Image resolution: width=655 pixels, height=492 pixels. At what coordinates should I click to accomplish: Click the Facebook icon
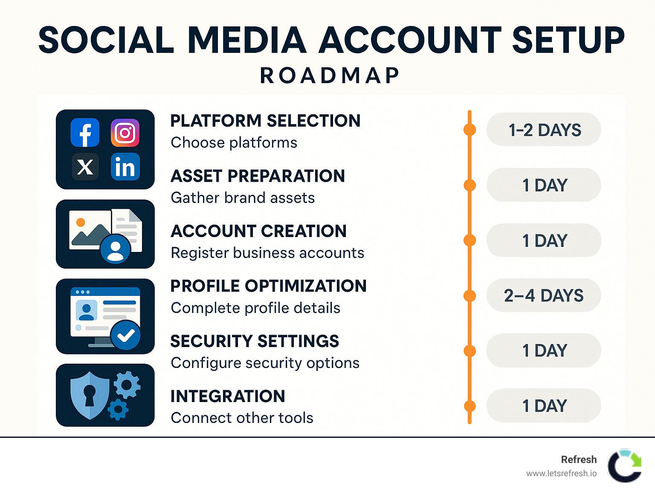pyautogui.click(x=85, y=133)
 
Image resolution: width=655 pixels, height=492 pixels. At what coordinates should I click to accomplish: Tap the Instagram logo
pyautogui.click(x=125, y=133)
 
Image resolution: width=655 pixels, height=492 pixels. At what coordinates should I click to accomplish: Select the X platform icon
pyautogui.click(x=85, y=167)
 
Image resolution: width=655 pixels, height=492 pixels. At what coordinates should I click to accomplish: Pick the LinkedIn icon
pyautogui.click(x=125, y=167)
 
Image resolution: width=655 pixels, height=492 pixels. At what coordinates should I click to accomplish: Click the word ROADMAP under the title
pyautogui.click(x=330, y=75)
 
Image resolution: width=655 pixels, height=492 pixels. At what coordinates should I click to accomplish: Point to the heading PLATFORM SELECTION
pyautogui.click(x=265, y=121)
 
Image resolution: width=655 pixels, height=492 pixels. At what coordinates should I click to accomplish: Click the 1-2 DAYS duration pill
pyautogui.click(x=544, y=130)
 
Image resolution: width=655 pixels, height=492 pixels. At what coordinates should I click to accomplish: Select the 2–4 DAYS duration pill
pyautogui.click(x=544, y=295)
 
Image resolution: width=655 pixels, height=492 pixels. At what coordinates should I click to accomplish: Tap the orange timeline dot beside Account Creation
pyautogui.click(x=470, y=240)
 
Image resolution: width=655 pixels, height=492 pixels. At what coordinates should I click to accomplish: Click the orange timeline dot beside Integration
pyautogui.click(x=470, y=406)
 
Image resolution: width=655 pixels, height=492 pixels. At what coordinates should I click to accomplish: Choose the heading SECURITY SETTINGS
pyautogui.click(x=255, y=341)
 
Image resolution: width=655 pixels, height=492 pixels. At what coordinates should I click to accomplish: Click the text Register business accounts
pyautogui.click(x=267, y=253)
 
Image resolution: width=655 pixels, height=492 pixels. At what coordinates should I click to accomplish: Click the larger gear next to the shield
pyautogui.click(x=127, y=385)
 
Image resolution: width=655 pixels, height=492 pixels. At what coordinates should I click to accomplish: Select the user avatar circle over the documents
pyautogui.click(x=115, y=249)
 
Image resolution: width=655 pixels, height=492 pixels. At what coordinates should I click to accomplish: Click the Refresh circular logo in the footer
pyautogui.click(x=625, y=466)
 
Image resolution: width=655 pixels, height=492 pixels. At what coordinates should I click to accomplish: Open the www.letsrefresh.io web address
pyautogui.click(x=561, y=474)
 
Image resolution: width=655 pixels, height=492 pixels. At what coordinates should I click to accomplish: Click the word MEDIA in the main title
pyautogui.click(x=247, y=40)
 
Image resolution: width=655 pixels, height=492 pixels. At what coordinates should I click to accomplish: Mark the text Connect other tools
pyautogui.click(x=242, y=418)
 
